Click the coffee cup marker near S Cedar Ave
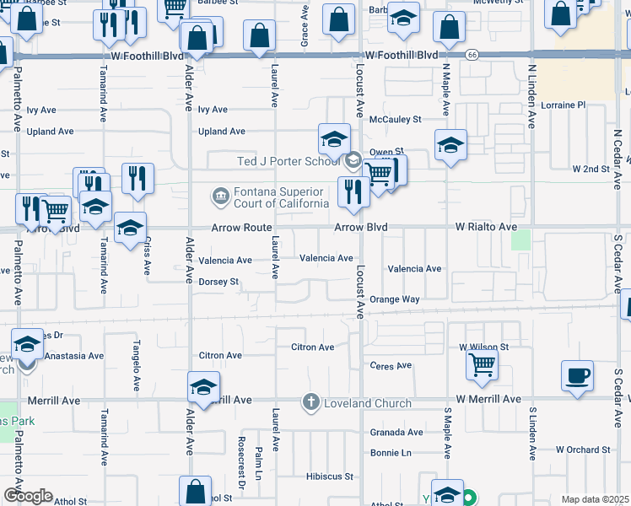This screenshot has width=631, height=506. point(577,375)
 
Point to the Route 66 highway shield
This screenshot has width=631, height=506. point(472,55)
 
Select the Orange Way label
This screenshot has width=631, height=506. point(395,299)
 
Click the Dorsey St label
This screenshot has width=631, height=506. point(218,282)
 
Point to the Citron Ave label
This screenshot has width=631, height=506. point(312,347)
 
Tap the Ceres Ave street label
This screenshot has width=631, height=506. point(391,365)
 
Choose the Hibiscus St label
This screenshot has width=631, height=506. point(329,476)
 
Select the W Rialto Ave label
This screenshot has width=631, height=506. point(486,227)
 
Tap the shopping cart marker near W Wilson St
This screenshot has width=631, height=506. point(482,365)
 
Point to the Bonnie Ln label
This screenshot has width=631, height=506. point(390,453)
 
